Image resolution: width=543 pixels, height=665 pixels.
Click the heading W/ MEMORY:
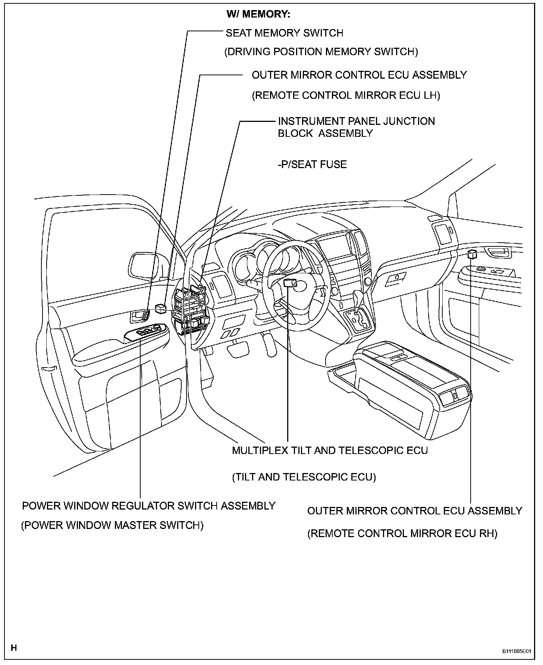click(258, 15)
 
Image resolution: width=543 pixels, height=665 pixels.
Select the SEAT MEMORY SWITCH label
click(284, 33)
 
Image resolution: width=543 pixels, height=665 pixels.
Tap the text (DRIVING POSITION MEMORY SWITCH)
click(321, 52)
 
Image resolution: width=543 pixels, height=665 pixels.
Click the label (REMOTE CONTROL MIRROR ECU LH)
click(346, 96)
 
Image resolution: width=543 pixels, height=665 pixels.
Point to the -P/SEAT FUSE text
click(312, 164)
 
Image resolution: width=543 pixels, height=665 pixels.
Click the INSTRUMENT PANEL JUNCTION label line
click(356, 122)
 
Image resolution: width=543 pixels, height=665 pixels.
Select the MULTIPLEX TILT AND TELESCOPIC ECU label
click(330, 450)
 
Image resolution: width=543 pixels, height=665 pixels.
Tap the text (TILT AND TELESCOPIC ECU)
click(304, 477)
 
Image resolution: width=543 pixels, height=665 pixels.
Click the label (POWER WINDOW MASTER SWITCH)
click(112, 526)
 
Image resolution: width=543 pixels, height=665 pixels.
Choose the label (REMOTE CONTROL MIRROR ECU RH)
click(402, 534)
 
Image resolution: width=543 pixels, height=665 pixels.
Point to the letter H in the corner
click(14, 648)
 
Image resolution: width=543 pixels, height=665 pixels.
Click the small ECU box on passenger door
click(472, 255)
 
